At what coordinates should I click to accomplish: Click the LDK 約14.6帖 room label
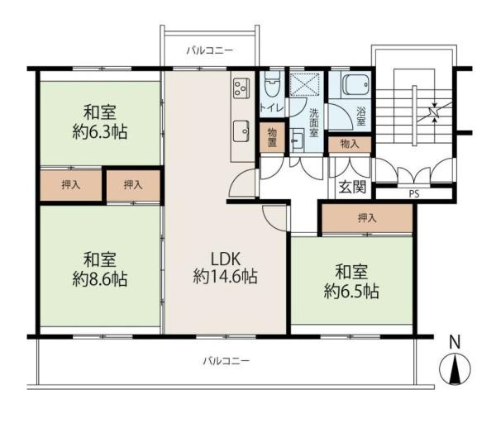click(x=225, y=267)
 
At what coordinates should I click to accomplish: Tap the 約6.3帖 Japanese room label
click(x=99, y=121)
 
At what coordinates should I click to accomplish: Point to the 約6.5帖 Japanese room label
click(x=351, y=281)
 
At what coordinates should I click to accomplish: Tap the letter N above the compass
click(x=453, y=341)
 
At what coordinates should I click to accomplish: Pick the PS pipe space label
click(x=413, y=195)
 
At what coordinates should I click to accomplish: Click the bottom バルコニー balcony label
click(x=227, y=361)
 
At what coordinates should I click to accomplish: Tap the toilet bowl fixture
click(x=272, y=85)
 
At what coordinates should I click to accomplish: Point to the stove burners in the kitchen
click(x=241, y=87)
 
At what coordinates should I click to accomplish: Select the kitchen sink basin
click(x=241, y=128)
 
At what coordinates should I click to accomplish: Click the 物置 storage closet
click(x=270, y=138)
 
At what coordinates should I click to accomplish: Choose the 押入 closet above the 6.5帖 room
click(x=367, y=218)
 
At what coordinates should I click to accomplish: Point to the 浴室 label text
click(x=360, y=116)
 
